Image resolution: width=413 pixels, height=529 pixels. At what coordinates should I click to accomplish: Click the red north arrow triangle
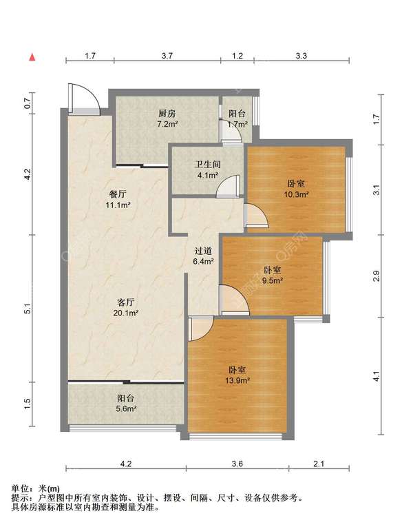(32, 57)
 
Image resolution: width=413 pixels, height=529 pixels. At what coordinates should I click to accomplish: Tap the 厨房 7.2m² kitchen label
(167, 118)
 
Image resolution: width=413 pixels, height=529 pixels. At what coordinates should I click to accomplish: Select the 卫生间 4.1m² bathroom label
(208, 169)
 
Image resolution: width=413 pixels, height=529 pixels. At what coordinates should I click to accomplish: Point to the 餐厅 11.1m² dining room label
(118, 199)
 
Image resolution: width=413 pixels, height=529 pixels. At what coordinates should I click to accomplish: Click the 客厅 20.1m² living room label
(126, 307)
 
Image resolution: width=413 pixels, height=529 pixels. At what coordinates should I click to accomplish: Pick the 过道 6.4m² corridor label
(204, 256)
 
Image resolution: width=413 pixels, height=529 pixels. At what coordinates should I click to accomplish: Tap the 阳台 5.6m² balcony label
(126, 403)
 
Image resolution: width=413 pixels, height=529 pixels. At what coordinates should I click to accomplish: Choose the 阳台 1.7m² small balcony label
(237, 118)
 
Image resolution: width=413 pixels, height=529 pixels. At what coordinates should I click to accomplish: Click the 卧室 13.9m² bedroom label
(237, 375)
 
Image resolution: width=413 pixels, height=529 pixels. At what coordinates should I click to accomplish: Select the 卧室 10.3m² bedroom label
(297, 189)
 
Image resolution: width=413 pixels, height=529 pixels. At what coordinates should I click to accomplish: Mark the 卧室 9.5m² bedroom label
(273, 275)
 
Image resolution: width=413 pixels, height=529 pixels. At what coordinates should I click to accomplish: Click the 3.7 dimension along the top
(167, 56)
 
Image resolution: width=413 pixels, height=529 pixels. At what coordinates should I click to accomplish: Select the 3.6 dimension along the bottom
(237, 464)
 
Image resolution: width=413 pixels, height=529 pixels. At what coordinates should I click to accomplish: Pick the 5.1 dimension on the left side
(28, 309)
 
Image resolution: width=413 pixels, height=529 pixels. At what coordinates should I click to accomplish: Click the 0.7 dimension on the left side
(28, 103)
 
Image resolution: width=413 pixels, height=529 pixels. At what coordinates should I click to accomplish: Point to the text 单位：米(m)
(35, 488)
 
